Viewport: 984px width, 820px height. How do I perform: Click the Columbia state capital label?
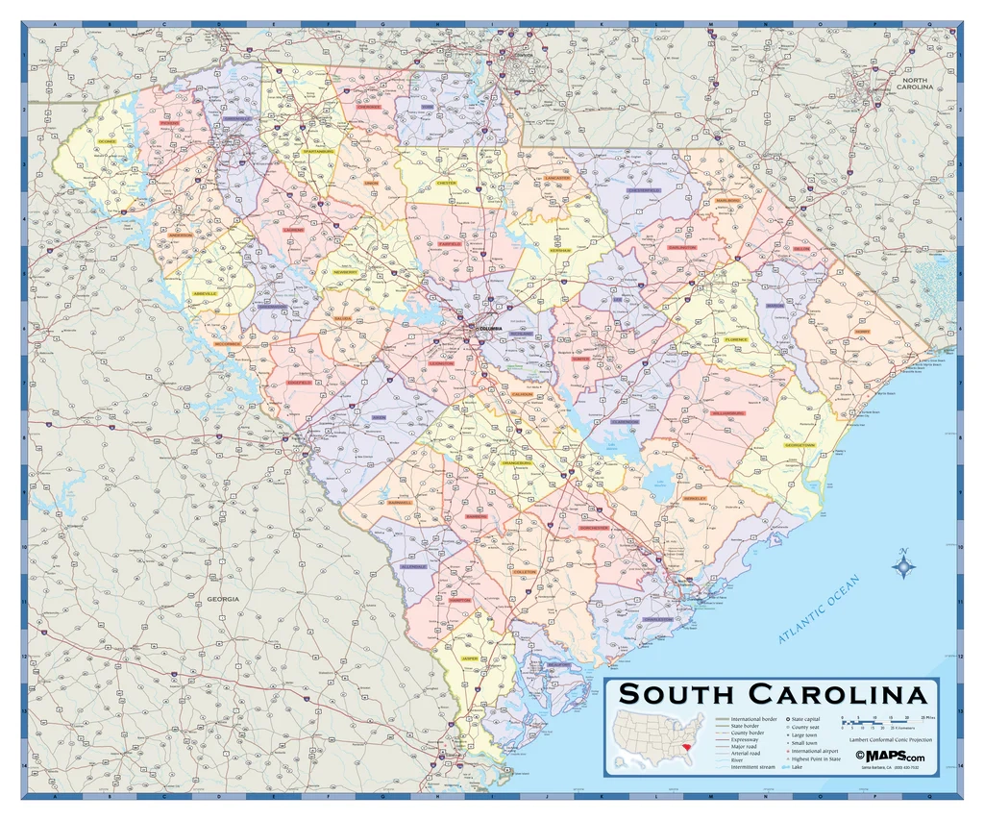coord(484,328)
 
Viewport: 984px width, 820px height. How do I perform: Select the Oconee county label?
coord(106,141)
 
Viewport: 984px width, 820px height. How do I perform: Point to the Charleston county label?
coord(657,620)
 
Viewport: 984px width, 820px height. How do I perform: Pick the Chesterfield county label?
coord(643,190)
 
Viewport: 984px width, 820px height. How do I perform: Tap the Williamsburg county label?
coord(728,412)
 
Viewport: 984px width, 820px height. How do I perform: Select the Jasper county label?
coord(470,658)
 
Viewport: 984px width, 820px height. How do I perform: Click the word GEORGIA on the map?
coord(222,599)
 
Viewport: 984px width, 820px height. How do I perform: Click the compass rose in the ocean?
coord(903,566)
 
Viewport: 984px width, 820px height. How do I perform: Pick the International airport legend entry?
coord(816,750)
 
